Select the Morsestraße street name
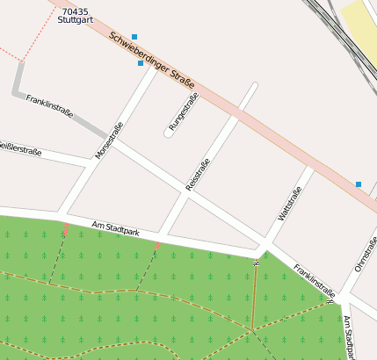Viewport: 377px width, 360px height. [109, 140]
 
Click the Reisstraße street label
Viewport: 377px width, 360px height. [198, 174]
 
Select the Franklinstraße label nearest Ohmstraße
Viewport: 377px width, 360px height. [315, 280]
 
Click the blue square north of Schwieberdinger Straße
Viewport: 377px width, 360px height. [134, 37]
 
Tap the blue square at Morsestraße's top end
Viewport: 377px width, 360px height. [141, 63]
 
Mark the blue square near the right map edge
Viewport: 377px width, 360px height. [359, 184]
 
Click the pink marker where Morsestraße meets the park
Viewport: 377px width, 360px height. [65, 230]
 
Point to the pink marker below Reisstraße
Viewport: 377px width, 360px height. [157, 246]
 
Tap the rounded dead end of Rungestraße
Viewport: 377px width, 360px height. [168, 133]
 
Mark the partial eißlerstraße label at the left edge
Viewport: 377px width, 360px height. [19, 149]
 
